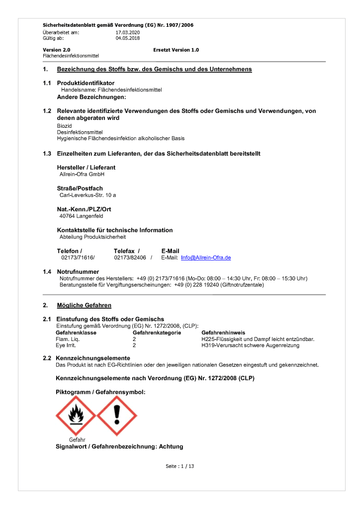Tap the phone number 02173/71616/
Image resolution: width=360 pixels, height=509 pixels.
tap(76, 256)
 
